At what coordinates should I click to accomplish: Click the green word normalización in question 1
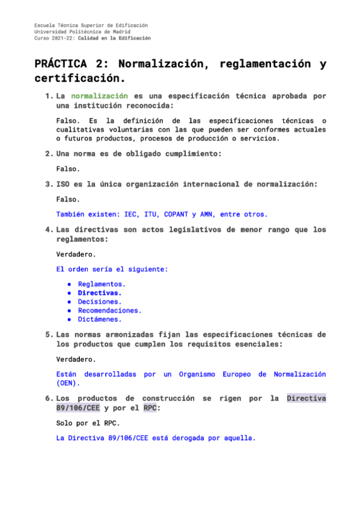tap(99, 96)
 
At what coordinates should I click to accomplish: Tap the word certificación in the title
tap(80, 79)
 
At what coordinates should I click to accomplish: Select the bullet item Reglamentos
tap(102, 283)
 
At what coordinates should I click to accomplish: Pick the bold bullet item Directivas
tap(100, 292)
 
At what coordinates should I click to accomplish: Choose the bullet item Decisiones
tap(100, 301)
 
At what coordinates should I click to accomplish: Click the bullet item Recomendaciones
tap(110, 310)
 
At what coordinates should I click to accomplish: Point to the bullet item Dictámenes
tap(100, 319)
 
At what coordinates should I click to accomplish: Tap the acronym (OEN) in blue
tap(67, 382)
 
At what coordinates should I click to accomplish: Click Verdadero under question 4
tap(76, 254)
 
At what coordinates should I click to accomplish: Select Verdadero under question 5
tap(76, 359)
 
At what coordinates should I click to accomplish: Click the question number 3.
tap(48, 184)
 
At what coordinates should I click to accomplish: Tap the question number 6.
tap(48, 398)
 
